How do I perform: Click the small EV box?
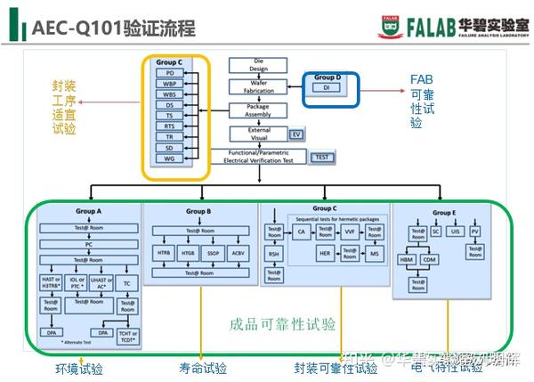pos(297,134)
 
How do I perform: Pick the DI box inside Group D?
pos(325,88)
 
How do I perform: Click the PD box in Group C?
pos(169,73)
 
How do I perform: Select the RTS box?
pos(169,126)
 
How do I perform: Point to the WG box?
pos(169,158)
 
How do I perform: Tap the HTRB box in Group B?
pos(163,253)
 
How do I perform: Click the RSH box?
pos(274,254)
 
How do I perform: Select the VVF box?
pos(349,232)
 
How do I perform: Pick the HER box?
pos(326,254)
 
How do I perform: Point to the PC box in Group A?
pos(89,243)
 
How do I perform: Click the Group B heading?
pos(198,212)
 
